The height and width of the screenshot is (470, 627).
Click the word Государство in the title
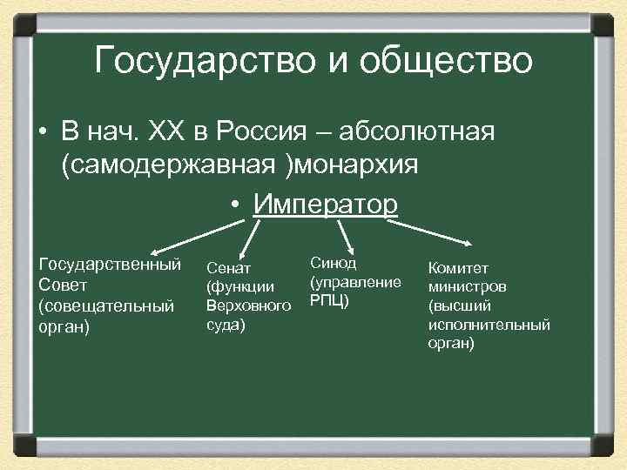[194, 61]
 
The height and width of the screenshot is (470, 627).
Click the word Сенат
[227, 269]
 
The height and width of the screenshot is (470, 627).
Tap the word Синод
[332, 263]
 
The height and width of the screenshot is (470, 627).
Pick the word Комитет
[458, 268]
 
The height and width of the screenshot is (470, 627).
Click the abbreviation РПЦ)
[329, 301]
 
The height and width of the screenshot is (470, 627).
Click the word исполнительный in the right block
[489, 325]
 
